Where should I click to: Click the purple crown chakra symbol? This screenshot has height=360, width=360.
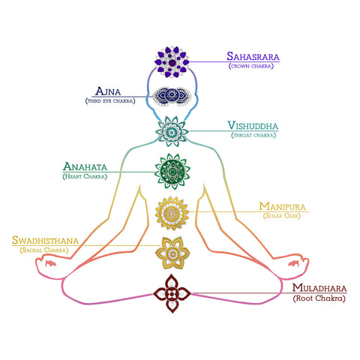coord(172,62)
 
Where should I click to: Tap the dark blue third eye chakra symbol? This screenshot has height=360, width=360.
coord(172,96)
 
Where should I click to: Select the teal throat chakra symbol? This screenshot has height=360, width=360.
coord(172,131)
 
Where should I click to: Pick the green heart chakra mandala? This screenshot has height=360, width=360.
coord(172,172)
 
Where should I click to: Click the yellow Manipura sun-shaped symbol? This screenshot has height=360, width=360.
coord(172,213)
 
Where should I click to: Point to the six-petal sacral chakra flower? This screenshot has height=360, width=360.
coord(172,253)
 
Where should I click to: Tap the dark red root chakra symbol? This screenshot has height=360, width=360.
coord(172,293)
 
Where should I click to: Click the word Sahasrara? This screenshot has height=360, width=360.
coord(253,56)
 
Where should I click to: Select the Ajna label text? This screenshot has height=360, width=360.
coord(108,91)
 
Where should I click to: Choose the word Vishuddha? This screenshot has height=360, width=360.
coord(253,125)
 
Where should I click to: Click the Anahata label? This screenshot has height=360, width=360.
coord(85,166)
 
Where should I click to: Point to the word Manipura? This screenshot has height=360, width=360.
coord(283,206)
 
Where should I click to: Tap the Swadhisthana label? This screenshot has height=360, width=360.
coord(46,241)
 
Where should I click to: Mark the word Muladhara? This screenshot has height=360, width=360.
coord(319,288)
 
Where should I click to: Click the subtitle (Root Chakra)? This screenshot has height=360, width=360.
coord(319,298)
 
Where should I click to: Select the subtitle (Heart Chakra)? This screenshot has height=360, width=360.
coord(85,176)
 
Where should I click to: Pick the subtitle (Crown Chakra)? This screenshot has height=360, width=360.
coord(251,66)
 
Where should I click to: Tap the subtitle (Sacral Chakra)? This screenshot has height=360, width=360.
coord(44,250)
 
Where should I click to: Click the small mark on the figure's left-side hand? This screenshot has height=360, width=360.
coord(50,263)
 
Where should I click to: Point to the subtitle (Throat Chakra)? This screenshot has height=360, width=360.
coord(253,135)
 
